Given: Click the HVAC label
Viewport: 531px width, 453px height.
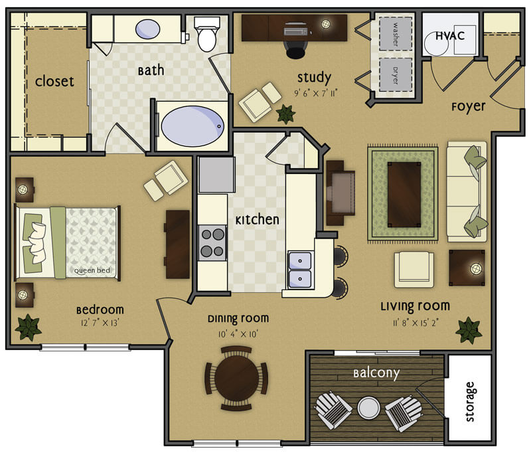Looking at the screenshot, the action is [x=450, y=36].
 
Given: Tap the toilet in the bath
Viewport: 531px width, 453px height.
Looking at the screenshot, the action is [x=206, y=34].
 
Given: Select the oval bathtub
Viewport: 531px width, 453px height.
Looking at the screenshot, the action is [x=192, y=126].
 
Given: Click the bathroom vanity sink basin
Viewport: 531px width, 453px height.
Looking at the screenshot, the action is [x=147, y=29].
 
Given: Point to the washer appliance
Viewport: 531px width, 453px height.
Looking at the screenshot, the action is [x=395, y=34].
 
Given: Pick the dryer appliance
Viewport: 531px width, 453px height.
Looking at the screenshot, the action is [x=395, y=74].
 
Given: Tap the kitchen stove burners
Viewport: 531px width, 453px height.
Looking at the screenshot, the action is [x=212, y=242].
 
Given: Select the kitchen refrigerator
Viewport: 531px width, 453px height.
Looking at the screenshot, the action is [x=216, y=175].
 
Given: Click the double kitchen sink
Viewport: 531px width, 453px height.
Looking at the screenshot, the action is [x=300, y=270].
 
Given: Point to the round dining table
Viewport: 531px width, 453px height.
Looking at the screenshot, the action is [x=237, y=378].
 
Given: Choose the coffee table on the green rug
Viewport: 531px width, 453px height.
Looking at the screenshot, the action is [x=404, y=195].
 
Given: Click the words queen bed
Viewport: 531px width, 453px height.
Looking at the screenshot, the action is [x=92, y=270].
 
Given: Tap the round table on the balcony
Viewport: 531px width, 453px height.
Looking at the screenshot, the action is [x=368, y=408].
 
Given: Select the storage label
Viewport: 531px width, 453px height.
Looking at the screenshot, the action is [x=469, y=401].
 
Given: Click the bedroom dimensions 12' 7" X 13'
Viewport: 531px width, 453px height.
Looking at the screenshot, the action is [x=100, y=323].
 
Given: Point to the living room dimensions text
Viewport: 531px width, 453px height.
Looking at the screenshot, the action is [x=416, y=323].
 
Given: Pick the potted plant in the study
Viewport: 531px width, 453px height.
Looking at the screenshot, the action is [x=285, y=114].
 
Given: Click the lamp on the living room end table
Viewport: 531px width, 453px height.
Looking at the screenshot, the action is [x=476, y=269].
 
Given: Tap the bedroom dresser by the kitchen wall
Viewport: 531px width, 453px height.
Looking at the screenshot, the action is [x=177, y=244].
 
